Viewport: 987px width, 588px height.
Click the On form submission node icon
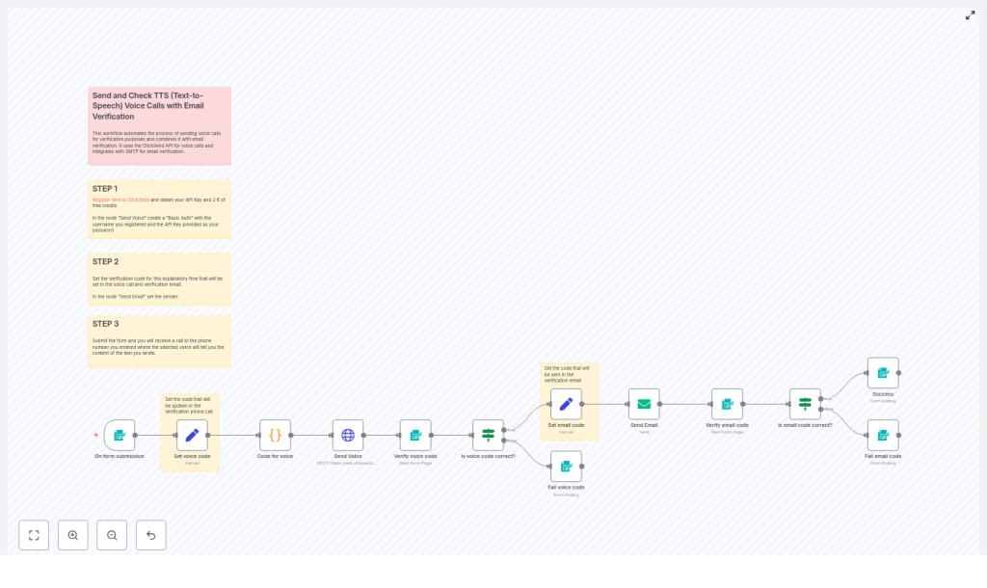[120, 435]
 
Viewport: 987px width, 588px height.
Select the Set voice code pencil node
[192, 435]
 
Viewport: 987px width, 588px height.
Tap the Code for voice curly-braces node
[275, 435]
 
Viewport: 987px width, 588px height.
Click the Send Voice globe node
[348, 435]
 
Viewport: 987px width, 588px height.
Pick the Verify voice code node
[415, 435]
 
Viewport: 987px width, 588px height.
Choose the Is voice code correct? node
[488, 435]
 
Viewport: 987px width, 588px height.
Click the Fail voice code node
[566, 467]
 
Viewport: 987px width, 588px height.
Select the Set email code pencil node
[566, 404]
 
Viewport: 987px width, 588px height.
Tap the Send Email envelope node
[644, 404]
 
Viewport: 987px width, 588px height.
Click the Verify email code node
[727, 404]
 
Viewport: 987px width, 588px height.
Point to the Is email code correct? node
[805, 404]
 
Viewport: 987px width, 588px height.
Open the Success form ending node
[883, 373]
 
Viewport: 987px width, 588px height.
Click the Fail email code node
[883, 435]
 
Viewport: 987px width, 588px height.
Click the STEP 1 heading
[105, 189]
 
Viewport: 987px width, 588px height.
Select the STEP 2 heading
[105, 262]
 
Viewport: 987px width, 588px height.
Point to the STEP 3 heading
[105, 324]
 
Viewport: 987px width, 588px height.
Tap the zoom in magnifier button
[73, 535]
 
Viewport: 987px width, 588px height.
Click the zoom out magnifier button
[112, 535]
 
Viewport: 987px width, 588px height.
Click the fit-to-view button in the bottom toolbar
[34, 535]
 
